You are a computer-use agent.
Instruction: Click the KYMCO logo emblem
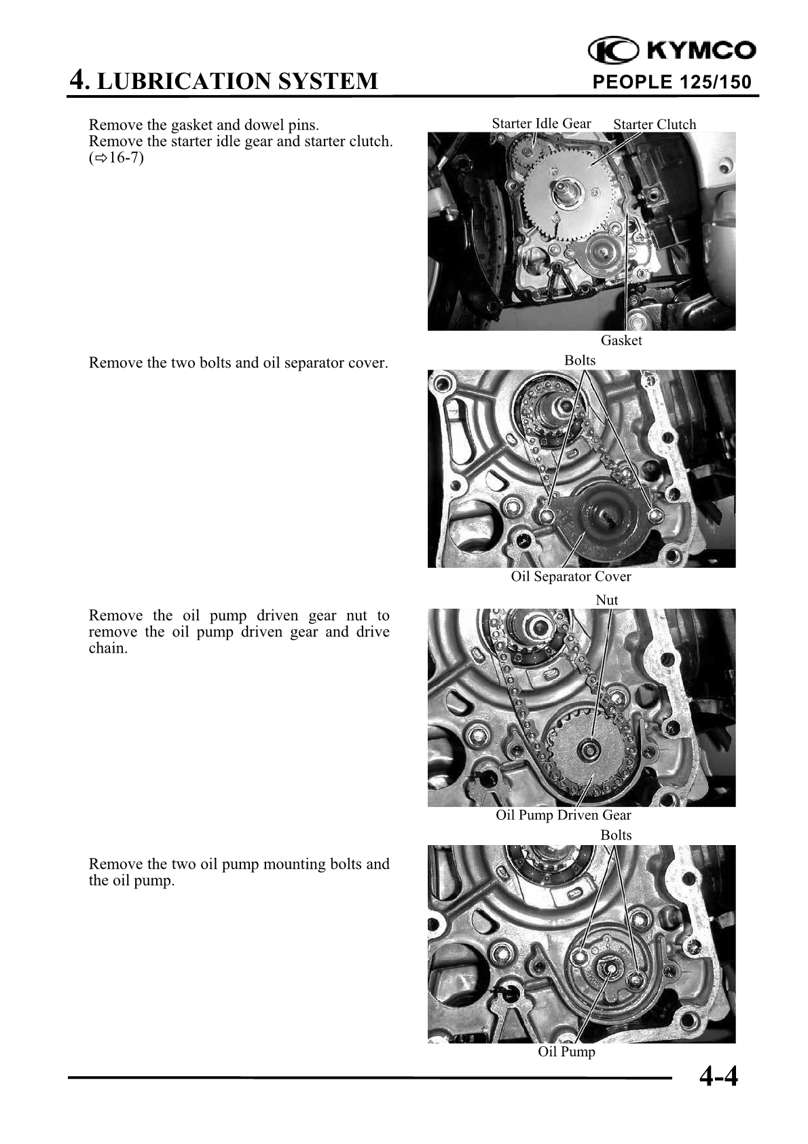[x=613, y=50]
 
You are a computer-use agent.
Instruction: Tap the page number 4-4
[x=718, y=1077]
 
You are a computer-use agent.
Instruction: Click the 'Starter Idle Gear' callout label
[x=541, y=124]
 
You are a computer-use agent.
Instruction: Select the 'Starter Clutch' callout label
[x=655, y=124]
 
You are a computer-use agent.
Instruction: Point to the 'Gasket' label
[x=621, y=340]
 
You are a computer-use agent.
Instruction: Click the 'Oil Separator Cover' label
[x=570, y=577]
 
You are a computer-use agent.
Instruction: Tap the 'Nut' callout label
[x=607, y=600]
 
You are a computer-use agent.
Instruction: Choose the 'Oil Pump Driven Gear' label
[x=564, y=815]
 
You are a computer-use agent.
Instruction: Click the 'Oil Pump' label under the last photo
[x=566, y=1052]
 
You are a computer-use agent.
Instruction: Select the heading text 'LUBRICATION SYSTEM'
[x=238, y=82]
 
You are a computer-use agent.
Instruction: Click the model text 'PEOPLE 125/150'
[x=672, y=82]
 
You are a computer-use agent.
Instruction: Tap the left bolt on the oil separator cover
[x=547, y=516]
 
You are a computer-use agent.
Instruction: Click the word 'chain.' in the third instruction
[x=108, y=649]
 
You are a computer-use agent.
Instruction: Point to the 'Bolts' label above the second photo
[x=580, y=361]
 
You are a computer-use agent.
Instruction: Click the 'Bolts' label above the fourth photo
[x=616, y=836]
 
